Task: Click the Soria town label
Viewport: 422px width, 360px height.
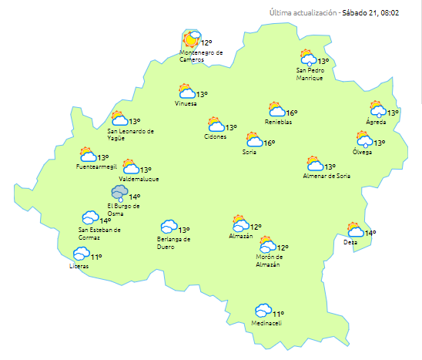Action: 249,152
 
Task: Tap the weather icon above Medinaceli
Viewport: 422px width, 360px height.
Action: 263,311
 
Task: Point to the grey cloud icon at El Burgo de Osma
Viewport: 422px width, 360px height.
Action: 119,193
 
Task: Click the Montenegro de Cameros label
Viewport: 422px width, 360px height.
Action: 201,56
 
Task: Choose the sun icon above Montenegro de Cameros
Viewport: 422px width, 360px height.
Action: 192,39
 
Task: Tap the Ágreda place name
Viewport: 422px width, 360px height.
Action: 376,122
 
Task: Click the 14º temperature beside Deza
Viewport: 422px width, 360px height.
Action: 370,233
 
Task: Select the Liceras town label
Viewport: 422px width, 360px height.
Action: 79,266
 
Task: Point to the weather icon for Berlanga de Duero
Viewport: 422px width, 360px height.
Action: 169,227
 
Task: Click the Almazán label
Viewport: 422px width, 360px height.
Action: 241,236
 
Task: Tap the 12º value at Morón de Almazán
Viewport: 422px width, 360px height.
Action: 283,248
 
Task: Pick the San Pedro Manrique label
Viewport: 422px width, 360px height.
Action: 314,74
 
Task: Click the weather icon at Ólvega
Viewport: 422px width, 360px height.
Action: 363,140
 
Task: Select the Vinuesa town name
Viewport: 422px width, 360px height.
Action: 186,103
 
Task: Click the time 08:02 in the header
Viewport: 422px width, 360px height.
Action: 398,13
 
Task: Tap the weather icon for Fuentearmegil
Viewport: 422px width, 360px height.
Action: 88,156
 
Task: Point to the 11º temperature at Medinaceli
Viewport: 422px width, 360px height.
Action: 279,314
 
